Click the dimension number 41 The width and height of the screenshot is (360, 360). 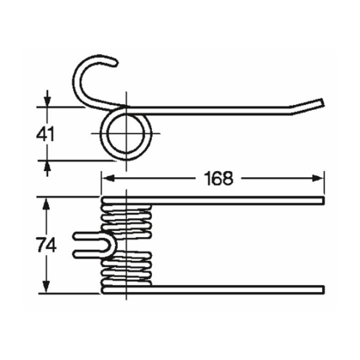point(45,134)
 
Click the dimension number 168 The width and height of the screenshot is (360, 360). point(218,178)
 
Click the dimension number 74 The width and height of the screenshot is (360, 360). point(46,245)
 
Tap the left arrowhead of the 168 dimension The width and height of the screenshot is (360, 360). point(108,178)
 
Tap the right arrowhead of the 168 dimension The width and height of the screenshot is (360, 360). point(318,178)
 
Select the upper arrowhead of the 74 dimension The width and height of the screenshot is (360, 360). point(46,204)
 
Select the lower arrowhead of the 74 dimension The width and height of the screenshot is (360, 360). point(46,287)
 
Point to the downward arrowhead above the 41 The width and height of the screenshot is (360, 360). point(47,101)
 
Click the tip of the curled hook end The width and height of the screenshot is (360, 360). point(116,63)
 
